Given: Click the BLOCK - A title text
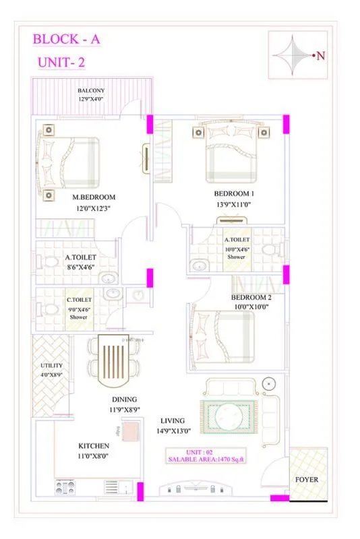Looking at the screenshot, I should point(67,40).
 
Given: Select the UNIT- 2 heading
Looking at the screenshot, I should point(61,63).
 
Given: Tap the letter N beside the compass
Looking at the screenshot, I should point(320,57).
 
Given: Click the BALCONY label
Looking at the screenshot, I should point(90,90).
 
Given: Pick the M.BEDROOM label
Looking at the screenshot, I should point(94,197).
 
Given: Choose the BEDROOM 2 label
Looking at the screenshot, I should point(251,297).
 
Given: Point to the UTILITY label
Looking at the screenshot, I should point(51,365).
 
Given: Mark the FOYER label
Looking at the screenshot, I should point(307,480).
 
